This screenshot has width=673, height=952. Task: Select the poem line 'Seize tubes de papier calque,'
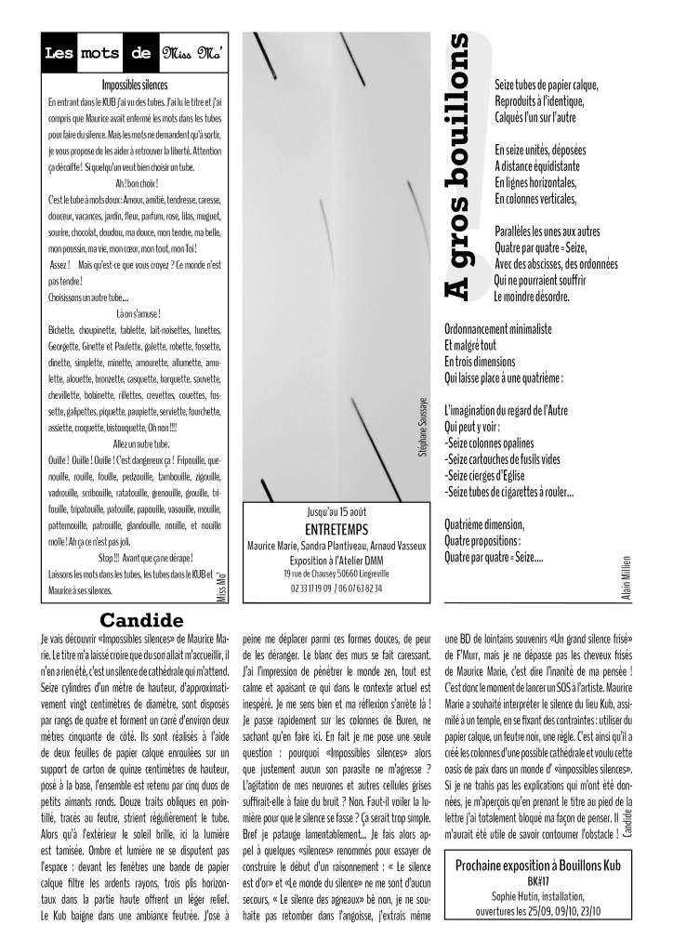(x=548, y=85)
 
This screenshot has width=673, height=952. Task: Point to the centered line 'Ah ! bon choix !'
(x=130, y=182)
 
